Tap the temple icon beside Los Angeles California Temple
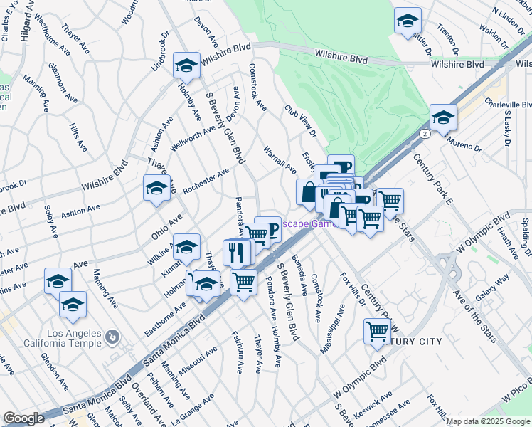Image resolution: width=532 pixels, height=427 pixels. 112,336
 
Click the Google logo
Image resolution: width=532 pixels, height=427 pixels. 23,418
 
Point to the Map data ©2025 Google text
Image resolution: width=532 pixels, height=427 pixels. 488,421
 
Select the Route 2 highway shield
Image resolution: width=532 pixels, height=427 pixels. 425,133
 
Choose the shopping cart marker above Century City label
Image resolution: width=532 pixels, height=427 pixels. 377,330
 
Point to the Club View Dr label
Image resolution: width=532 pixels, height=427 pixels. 300,122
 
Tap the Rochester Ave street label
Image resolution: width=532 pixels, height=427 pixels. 206,181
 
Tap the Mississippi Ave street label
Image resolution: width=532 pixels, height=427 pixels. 332,328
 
